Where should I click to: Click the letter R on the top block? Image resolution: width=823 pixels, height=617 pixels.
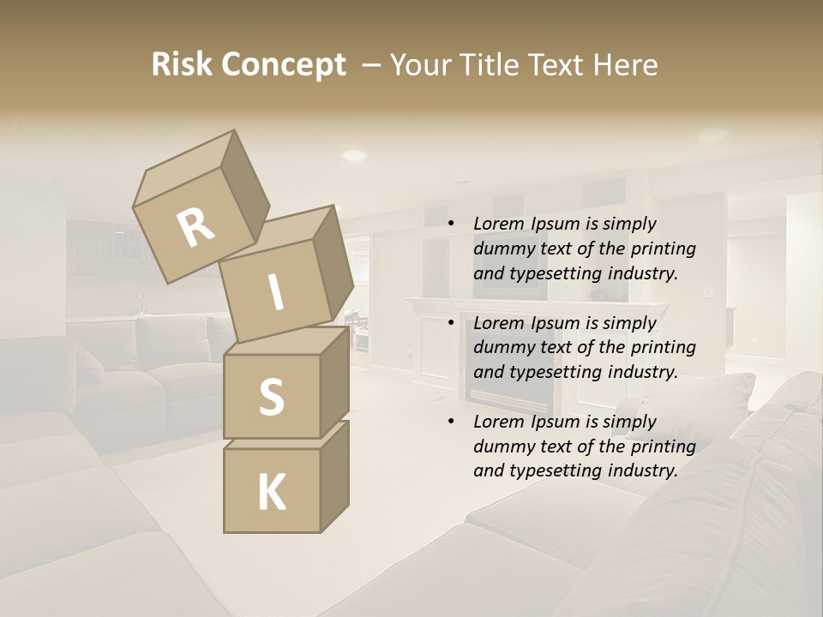pyautogui.click(x=195, y=228)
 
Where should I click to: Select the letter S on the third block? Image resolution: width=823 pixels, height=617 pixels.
pyautogui.click(x=271, y=397)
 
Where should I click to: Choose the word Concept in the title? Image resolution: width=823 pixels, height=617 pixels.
pyautogui.click(x=283, y=66)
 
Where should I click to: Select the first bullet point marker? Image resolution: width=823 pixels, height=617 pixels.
pyautogui.click(x=450, y=225)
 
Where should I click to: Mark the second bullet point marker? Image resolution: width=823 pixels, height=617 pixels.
pyautogui.click(x=450, y=324)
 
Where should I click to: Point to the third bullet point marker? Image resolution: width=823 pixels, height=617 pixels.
pyautogui.click(x=450, y=422)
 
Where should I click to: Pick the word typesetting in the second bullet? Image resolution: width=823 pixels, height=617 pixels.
pyautogui.click(x=556, y=372)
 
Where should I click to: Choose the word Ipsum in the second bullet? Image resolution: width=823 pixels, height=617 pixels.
pyautogui.click(x=558, y=323)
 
